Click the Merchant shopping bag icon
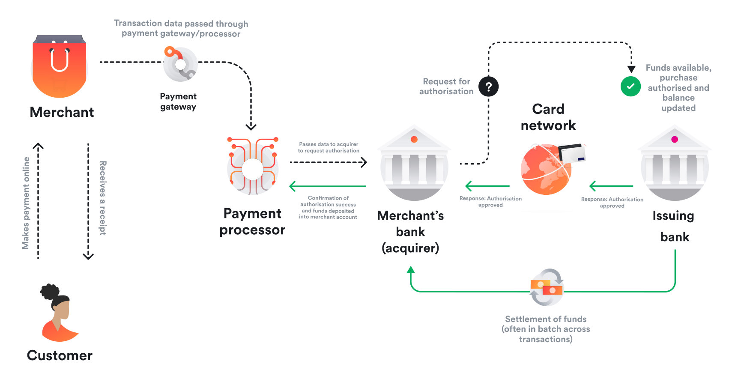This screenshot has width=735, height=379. [x=60, y=66]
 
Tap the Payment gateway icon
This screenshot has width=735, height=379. [x=180, y=64]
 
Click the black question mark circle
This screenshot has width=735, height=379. [x=488, y=87]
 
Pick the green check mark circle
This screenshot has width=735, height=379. [x=630, y=86]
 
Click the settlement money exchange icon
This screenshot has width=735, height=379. [x=547, y=287]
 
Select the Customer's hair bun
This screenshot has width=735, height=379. [x=49, y=291]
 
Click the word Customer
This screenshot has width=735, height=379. [x=60, y=355]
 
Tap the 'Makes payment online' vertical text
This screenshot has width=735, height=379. [x=26, y=203]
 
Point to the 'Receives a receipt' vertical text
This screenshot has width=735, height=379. [x=103, y=198]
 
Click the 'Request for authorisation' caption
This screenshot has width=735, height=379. [x=446, y=87]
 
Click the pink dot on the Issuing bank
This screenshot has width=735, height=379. [x=675, y=139]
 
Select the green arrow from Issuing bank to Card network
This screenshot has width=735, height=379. [x=611, y=186]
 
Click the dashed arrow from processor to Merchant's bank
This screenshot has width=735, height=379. [x=328, y=162]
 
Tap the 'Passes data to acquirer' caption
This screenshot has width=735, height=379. [x=329, y=147]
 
